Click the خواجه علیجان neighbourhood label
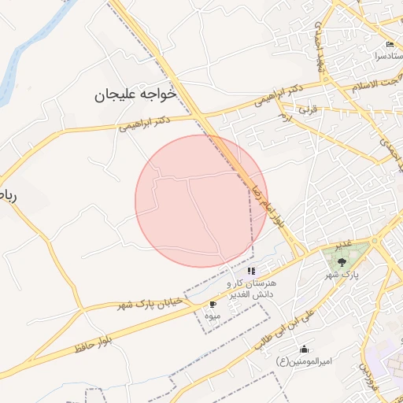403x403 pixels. pos(135,94)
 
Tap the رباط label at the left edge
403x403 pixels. pos(7,194)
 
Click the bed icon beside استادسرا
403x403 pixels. pos(390,45)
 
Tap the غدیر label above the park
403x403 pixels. pos(343,246)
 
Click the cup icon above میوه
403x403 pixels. pos(212,304)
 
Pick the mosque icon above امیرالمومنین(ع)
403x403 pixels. pos(304,349)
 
